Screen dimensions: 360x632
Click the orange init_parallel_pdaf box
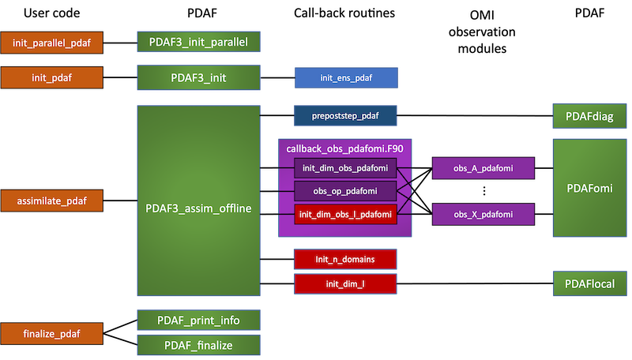click(x=52, y=42)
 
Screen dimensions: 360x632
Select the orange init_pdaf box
click(x=52, y=77)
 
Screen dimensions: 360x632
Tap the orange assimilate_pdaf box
click(x=52, y=201)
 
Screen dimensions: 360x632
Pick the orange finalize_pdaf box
click(x=52, y=333)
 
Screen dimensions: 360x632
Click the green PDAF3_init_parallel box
click(x=198, y=42)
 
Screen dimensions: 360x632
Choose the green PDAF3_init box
click(x=198, y=78)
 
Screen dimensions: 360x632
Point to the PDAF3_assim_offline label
click(x=198, y=209)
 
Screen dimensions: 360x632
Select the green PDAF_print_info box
click(x=198, y=320)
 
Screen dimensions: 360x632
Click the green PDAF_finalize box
click(x=198, y=345)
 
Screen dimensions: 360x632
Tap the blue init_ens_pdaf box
click(x=346, y=77)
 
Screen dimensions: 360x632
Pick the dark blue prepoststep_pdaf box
click(x=346, y=116)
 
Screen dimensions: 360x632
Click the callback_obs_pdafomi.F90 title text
click(x=344, y=148)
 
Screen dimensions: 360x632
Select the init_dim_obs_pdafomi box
click(x=345, y=167)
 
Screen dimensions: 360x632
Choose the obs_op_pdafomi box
click(x=345, y=191)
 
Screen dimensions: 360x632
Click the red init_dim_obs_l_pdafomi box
click(x=345, y=214)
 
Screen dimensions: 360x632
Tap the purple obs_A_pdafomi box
click(x=483, y=168)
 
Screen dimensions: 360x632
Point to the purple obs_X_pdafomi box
click(x=483, y=214)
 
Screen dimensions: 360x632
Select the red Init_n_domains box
click(x=345, y=259)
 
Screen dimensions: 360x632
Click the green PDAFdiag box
click(x=585, y=118)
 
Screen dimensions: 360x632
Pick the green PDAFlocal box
click(x=585, y=283)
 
